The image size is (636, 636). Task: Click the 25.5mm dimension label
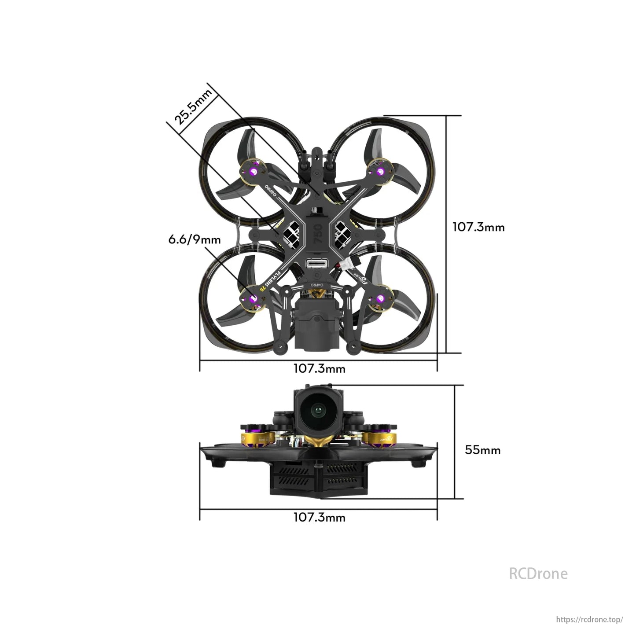[193, 107]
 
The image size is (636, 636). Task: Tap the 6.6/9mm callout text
[195, 239]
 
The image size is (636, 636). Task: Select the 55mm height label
[482, 450]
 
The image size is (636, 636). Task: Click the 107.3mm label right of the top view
[478, 227]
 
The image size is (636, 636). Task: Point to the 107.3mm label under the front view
[319, 517]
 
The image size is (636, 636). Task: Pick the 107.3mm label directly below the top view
[319, 368]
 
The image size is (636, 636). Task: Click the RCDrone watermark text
[538, 574]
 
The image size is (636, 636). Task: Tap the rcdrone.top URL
[589, 619]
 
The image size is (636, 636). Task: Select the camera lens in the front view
[317, 412]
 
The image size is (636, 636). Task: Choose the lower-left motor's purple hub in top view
[253, 299]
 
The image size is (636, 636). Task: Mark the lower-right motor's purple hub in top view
[380, 300]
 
